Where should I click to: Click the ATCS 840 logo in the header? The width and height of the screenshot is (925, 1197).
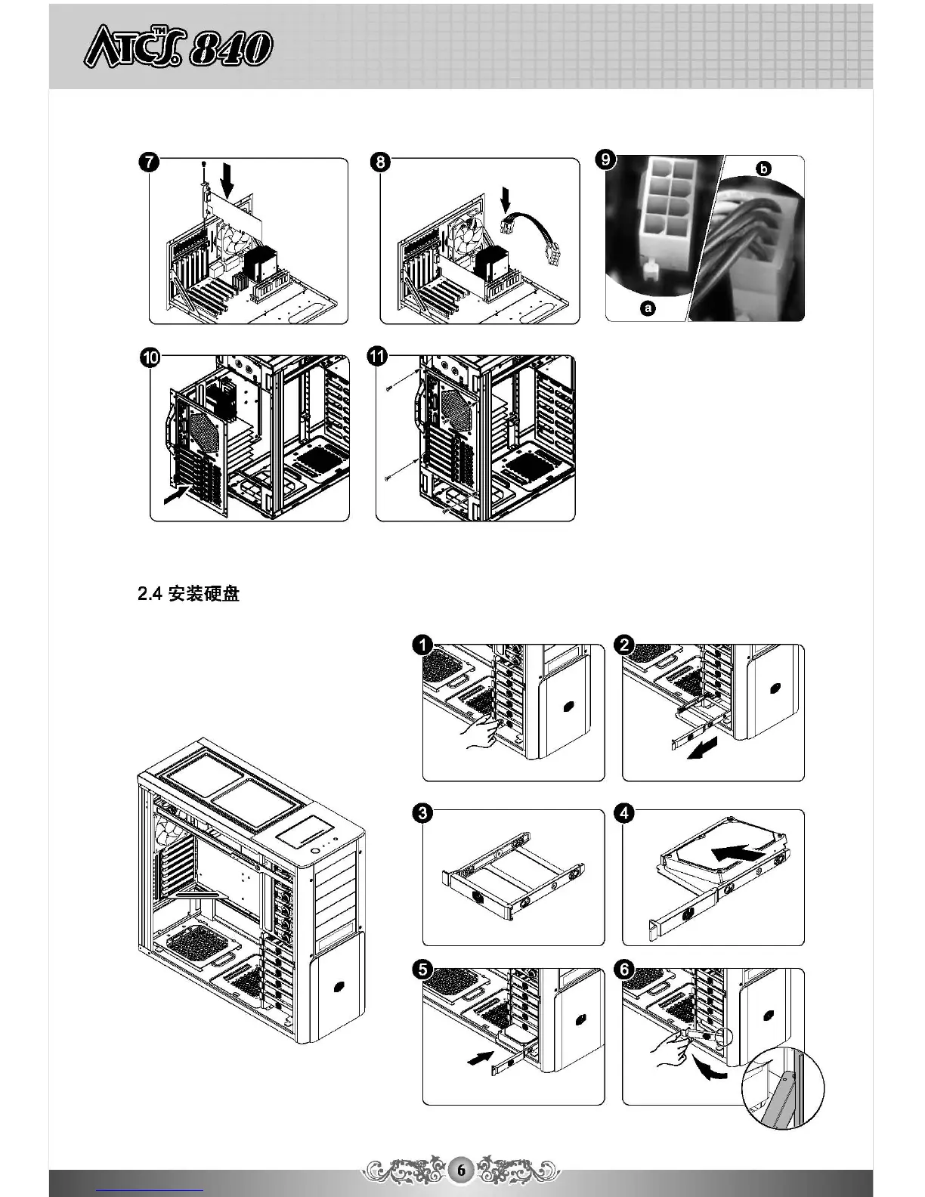pos(178,48)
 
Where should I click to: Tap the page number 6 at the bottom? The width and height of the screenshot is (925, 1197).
pos(461,1170)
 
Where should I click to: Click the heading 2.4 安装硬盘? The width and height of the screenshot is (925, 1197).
pos(189,594)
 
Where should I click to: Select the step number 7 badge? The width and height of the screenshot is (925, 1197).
pos(149,163)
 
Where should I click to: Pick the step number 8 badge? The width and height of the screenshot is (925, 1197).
pos(381,163)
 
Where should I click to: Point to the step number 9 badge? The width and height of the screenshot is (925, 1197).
pos(605,160)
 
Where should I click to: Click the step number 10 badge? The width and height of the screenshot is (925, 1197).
pos(150,357)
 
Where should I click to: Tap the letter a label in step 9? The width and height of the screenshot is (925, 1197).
pos(648,308)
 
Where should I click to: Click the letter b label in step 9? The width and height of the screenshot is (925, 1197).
pos(764,169)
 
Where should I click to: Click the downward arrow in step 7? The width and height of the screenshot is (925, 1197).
pos(226,182)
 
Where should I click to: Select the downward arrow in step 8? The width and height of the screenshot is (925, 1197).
pos(506,202)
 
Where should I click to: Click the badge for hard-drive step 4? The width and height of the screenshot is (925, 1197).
pos(624,813)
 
